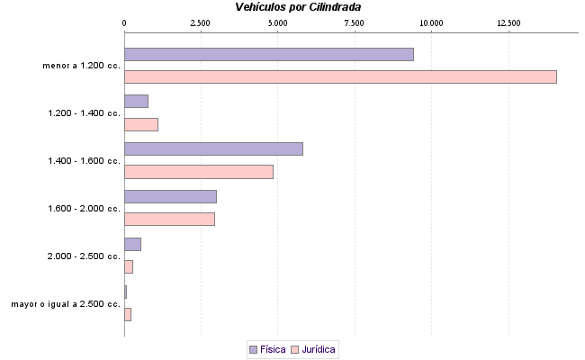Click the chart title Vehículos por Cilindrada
click(299, 7)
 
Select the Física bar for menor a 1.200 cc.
click(268, 54)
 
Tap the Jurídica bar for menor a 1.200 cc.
click(340, 76)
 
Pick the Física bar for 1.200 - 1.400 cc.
click(136, 102)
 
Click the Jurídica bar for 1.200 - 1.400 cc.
click(140, 124)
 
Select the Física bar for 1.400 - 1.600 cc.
click(213, 148)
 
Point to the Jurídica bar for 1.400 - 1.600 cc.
click(198, 172)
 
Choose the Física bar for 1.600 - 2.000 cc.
click(170, 196)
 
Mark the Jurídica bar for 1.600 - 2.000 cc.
click(169, 219)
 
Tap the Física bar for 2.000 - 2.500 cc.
click(132, 244)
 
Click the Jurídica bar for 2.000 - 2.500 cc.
click(129, 266)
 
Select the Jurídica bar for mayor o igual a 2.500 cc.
click(128, 314)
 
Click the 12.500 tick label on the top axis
click(508, 22)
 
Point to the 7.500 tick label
click(355, 22)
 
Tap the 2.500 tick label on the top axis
click(201, 22)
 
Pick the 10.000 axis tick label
click(431, 22)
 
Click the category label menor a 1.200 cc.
click(81, 66)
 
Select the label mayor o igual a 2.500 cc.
click(66, 304)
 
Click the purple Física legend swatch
click(253, 348)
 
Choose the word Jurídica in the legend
click(319, 348)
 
